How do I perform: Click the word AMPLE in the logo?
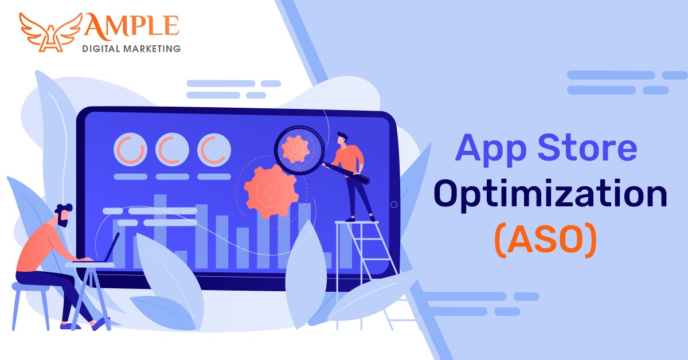pos(131,26)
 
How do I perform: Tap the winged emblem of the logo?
pos(51,33)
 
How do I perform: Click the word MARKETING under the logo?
pos(152,49)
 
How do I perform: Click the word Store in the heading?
pos(587,148)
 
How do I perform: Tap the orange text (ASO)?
pos(546,241)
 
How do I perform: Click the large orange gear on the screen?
pos(271,191)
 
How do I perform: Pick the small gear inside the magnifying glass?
pos(295,149)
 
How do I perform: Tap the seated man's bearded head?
pos(64,216)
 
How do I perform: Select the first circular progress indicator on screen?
pos(131,150)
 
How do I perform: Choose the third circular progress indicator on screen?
pos(214,150)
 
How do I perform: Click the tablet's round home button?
pos(394,205)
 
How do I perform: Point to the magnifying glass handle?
pos(346,173)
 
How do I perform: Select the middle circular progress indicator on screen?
pos(172,150)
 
